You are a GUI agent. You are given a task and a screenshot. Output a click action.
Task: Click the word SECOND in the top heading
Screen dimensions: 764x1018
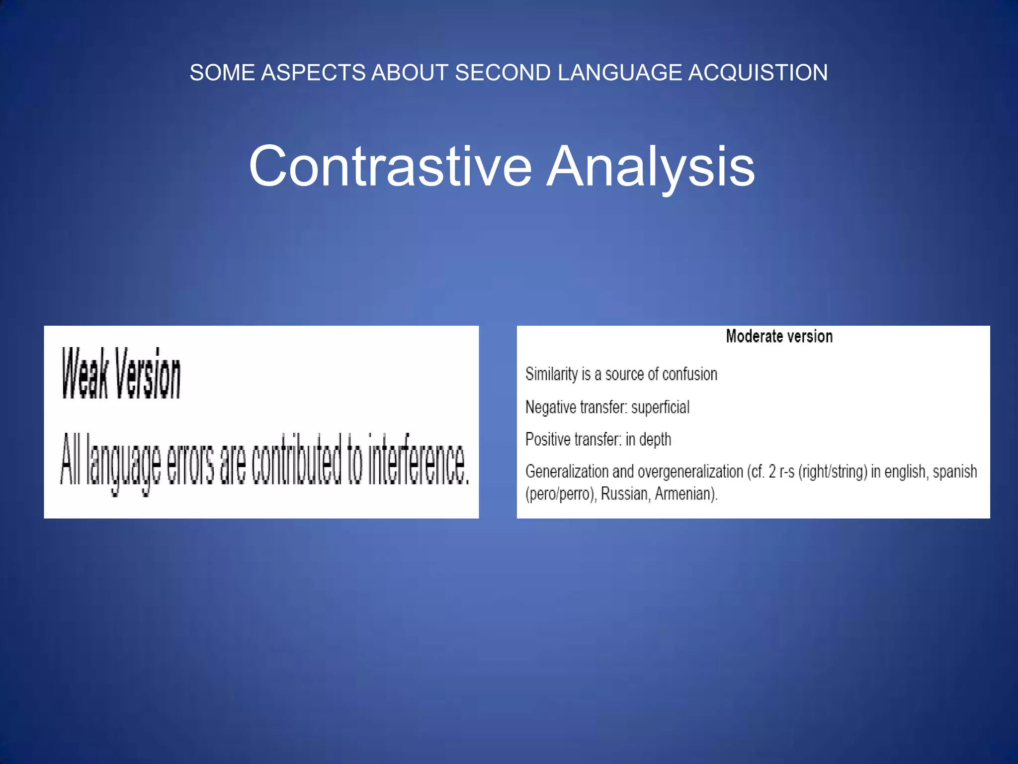[503, 73]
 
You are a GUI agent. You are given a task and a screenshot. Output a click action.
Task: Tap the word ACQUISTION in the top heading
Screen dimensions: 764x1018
[758, 73]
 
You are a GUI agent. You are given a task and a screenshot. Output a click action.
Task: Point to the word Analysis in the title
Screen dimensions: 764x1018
[651, 167]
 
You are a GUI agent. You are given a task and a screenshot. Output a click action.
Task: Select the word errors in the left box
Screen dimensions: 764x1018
[190, 460]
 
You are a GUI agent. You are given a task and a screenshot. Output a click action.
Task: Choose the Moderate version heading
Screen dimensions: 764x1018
[779, 337]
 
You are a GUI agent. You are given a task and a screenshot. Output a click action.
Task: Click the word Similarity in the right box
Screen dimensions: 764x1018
[551, 374]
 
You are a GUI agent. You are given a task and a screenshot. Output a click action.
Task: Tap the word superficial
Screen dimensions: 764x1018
[660, 407]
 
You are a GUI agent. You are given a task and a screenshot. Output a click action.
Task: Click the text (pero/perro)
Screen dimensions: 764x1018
[561, 494]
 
